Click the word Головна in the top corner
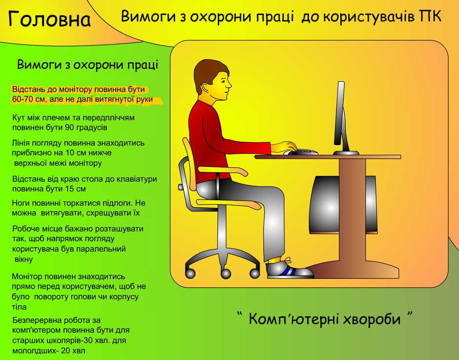[49, 19]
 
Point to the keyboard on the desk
[304, 152]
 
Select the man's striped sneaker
[289, 269]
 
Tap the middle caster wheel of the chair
[226, 274]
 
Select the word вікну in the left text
[23, 259]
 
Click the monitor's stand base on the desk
[346, 153]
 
